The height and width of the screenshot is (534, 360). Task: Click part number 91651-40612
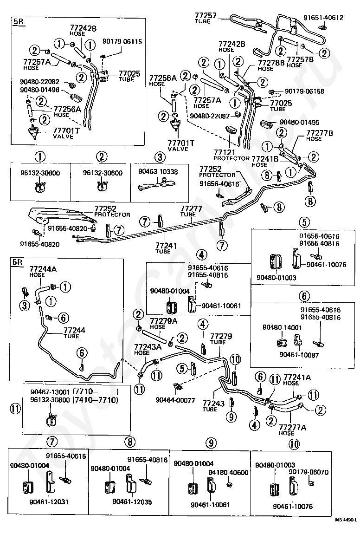coord(323,18)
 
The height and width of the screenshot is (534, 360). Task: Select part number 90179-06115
coord(122,41)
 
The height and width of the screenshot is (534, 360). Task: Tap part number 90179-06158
coord(304,91)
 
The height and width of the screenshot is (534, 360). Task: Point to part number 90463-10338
coord(158,172)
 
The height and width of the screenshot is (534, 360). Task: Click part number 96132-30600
coord(103,173)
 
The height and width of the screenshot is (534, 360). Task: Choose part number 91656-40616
coord(219,183)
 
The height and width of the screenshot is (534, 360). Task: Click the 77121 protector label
coord(231,155)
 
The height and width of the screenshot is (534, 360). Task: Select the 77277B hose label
coord(319,136)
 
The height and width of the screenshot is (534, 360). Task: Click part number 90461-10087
coord(299,355)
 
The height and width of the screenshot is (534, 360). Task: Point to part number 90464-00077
coord(175,400)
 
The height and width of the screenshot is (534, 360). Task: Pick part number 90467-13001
coord(51,391)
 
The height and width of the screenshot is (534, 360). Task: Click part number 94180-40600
coord(228,472)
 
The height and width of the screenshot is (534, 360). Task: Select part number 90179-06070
coord(309,472)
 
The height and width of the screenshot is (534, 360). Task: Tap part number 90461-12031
coord(49,501)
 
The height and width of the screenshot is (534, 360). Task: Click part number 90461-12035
coord(132,501)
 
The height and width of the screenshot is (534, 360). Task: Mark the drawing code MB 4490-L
coord(346,529)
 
